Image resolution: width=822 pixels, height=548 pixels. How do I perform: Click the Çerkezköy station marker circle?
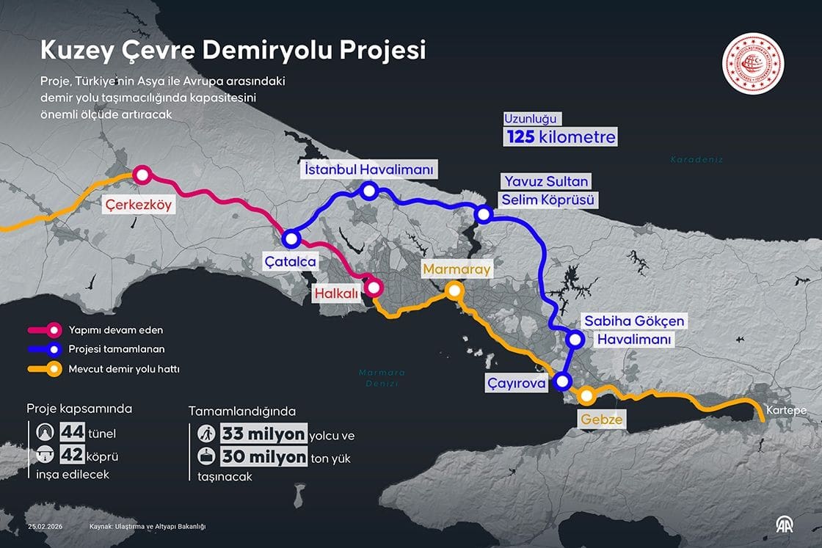[141, 175]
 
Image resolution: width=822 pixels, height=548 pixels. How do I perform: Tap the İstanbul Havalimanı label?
[369, 169]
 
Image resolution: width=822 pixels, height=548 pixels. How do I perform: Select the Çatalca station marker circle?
[291, 238]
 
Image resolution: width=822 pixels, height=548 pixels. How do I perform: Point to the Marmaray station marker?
[454, 291]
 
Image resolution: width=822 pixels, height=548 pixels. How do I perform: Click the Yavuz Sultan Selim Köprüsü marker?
[483, 214]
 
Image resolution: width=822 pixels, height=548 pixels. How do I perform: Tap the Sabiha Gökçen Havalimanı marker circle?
[576, 339]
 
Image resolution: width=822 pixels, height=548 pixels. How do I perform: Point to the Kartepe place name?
[786, 409]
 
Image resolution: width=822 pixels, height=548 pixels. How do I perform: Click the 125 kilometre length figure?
[559, 136]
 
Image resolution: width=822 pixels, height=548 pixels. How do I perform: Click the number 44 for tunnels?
[72, 432]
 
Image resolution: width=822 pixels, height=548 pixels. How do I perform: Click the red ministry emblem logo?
[754, 63]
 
